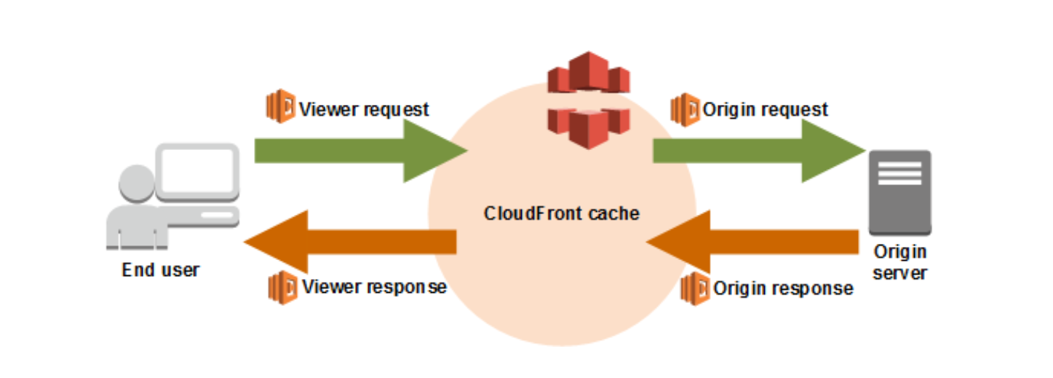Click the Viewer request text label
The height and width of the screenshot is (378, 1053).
pyautogui.click(x=364, y=109)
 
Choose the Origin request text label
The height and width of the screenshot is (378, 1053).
pyautogui.click(x=765, y=109)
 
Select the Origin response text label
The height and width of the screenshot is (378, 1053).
pyautogui.click(x=783, y=288)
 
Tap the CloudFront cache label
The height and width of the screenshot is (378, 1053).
pyautogui.click(x=561, y=213)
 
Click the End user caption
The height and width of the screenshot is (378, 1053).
pyautogui.click(x=160, y=270)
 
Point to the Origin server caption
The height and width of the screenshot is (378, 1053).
pyautogui.click(x=899, y=262)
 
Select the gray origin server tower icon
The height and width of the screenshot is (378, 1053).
pyautogui.click(x=899, y=192)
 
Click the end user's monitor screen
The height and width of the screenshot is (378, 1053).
pyautogui.click(x=198, y=171)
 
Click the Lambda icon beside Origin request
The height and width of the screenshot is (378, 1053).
pyautogui.click(x=685, y=109)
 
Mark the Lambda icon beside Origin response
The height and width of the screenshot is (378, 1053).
pyautogui.click(x=694, y=288)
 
